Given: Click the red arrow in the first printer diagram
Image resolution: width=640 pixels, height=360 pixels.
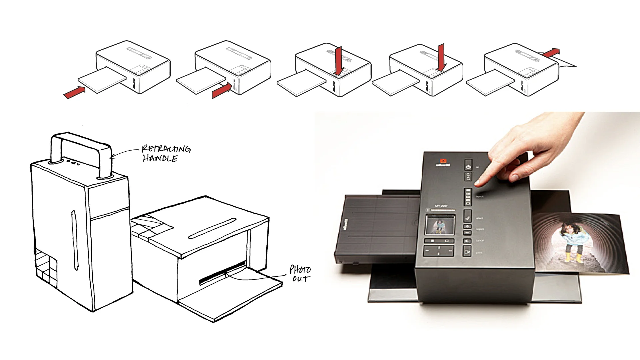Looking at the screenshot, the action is point(74,93).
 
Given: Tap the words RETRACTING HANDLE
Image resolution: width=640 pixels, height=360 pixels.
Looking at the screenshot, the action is point(166,153).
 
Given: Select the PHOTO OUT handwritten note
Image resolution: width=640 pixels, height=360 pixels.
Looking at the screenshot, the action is point(300,274).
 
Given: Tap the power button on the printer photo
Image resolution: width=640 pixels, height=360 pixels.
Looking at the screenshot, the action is point(468,166).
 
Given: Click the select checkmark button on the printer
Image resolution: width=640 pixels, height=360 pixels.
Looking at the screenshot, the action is point(467,217).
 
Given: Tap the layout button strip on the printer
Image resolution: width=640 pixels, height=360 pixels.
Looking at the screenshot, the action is point(468,196).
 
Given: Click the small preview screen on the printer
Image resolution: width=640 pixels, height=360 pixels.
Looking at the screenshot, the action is point(440,225).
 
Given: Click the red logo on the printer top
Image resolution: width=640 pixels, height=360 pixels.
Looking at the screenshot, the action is point(443,161).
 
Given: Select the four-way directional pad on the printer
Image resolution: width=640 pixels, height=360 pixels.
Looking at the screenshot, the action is point(438,250).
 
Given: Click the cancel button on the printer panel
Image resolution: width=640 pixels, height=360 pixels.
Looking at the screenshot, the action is point(467,241).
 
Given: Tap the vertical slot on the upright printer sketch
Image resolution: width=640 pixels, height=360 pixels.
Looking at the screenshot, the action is point(74,240).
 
